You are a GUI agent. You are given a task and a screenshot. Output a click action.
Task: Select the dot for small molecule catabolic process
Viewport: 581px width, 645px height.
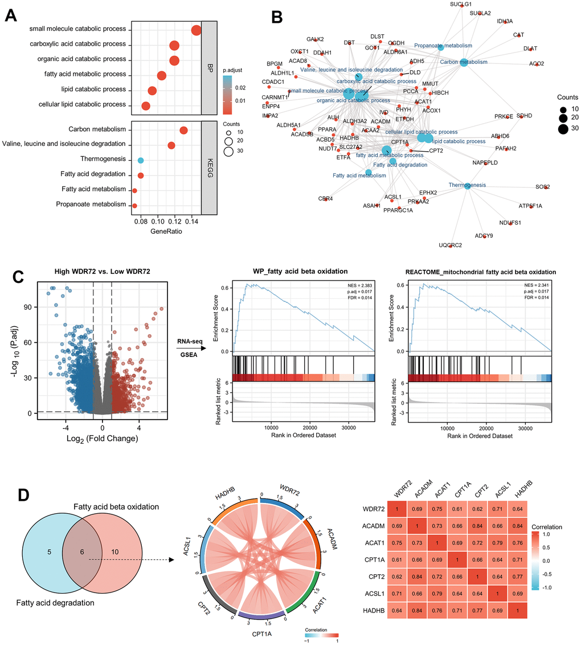197,30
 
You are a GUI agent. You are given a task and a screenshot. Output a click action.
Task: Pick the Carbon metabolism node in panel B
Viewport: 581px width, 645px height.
464,62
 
